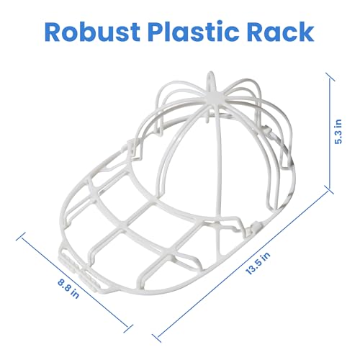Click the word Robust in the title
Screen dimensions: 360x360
(92, 32)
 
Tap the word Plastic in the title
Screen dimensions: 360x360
(194, 32)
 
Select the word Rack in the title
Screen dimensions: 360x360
(281, 32)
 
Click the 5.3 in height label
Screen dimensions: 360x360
(338, 131)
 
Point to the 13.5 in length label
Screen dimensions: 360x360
(258, 264)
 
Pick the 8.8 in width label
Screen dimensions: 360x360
(68, 288)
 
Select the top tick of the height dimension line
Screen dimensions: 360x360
(330, 77)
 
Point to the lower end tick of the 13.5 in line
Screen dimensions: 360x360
(156, 338)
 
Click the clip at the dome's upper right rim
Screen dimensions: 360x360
(267, 130)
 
